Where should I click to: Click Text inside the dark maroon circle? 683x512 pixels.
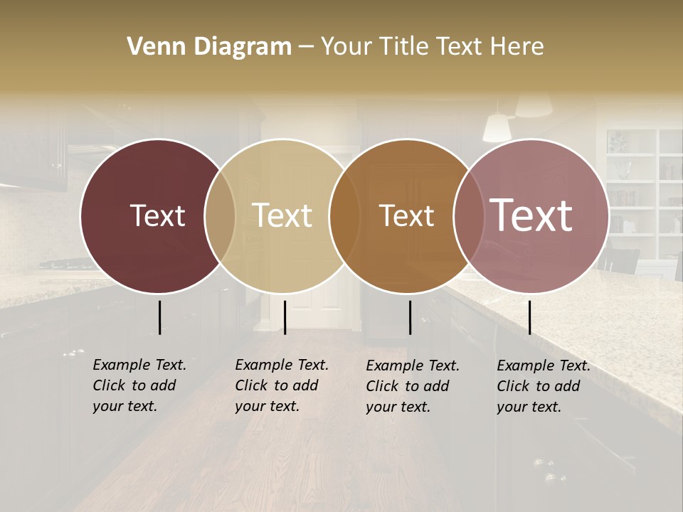pos(157,215)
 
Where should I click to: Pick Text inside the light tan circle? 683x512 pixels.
pos(282,215)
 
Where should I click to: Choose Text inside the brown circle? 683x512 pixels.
pos(406,215)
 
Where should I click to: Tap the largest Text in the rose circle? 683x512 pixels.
pos(531,215)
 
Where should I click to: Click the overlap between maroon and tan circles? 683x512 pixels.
pos(220,215)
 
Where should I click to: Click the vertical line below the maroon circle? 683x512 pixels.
pos(159,317)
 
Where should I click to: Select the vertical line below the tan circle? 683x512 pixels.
pos(285,317)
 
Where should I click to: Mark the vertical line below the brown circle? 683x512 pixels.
pos(410,317)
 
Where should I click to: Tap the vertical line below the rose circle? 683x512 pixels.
pos(529,317)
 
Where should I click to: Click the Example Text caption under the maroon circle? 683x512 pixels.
pos(139,385)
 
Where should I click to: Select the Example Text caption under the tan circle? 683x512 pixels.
pos(281,385)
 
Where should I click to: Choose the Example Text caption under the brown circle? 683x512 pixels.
pos(412,386)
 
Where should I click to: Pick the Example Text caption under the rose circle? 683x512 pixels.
pos(543,386)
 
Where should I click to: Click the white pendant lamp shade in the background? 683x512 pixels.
pos(497,128)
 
